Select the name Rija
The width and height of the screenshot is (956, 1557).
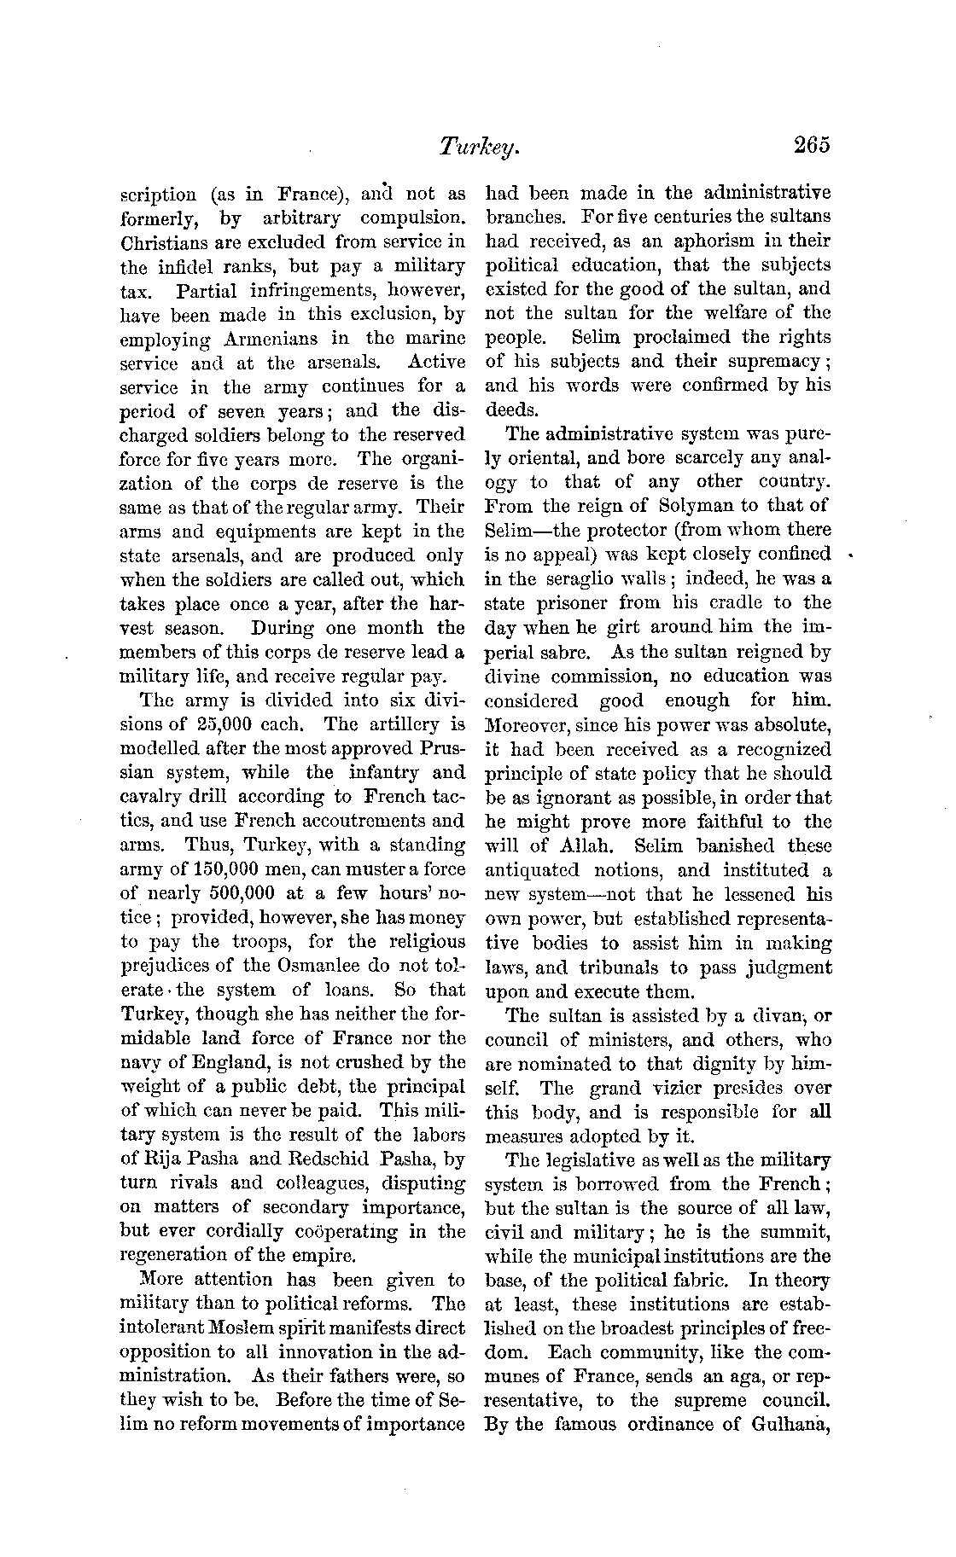(x=157, y=1159)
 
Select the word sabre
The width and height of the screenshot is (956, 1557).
(x=559, y=652)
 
